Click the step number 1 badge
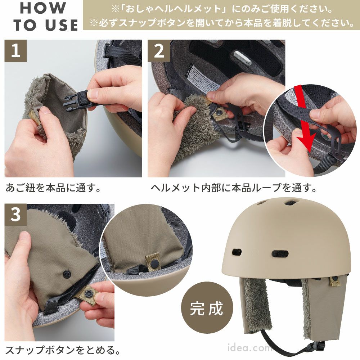click(15, 51)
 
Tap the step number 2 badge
click(159, 51)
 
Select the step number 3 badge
click(15, 215)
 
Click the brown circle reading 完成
click(207, 308)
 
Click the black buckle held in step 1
click(76, 101)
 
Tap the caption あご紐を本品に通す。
click(53, 188)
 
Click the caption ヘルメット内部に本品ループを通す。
click(234, 188)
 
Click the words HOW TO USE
click(45, 17)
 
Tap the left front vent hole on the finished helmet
click(237, 252)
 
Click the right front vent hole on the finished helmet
click(280, 253)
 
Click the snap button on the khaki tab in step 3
click(88, 293)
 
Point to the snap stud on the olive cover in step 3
click(67, 273)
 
